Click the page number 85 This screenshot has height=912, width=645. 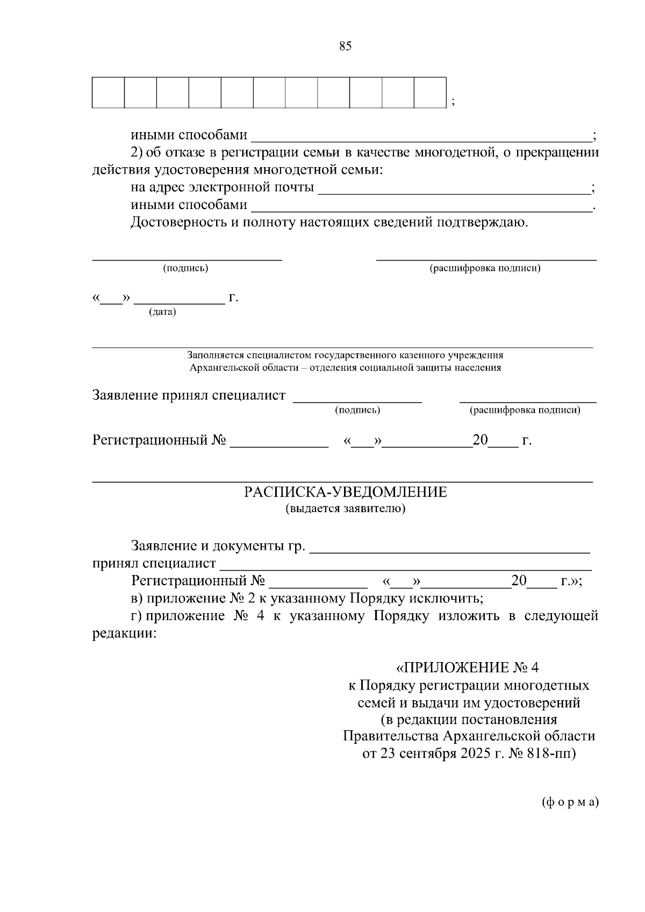click(345, 46)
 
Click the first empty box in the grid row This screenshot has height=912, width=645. click(108, 93)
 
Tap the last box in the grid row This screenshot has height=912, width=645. click(430, 93)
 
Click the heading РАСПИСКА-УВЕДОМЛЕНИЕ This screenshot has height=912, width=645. click(345, 492)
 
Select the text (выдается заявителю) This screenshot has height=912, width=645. click(345, 508)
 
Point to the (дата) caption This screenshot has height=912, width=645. click(162, 312)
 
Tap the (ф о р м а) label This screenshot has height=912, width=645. click(569, 802)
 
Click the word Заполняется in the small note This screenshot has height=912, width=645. click(214, 355)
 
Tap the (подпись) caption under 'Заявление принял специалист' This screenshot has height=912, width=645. click(357, 411)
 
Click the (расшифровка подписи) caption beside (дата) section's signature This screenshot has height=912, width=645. click(485, 268)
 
